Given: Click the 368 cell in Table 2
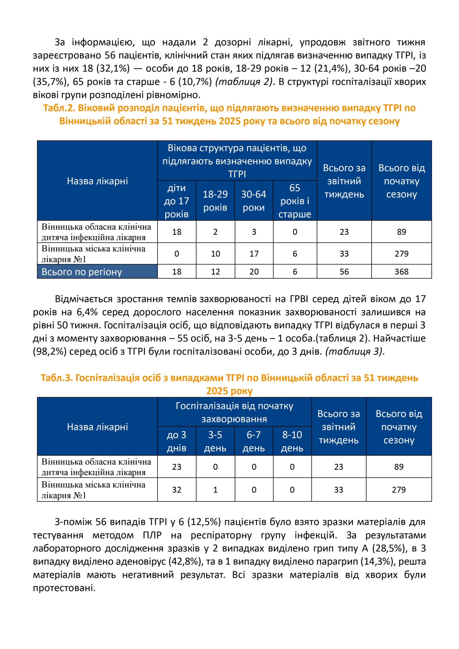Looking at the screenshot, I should coord(401,271).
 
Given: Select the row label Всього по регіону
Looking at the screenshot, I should coord(82,272).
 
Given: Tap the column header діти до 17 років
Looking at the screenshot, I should coord(176,201).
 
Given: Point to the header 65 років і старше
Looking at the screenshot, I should coord(295,201).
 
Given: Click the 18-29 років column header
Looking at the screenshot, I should coord(215,201).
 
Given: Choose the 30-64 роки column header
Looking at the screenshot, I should coord(254,201).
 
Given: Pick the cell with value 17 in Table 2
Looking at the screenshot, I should coord(254,254).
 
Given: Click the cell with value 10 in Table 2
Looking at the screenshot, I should coord(215,254).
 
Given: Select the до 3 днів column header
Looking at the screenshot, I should coord(176,441).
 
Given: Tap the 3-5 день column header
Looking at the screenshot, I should coord(215,441).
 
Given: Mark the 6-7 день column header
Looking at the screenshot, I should coord(254,441).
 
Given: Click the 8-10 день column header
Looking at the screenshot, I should coord(292,441).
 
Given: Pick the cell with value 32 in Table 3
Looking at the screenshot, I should coord(176,490).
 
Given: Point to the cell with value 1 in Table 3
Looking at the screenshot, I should coord(215,490).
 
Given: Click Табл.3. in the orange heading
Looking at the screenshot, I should coord(57,378).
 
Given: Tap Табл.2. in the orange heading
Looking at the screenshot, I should coord(59,108).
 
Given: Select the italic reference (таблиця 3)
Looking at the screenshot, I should coord(354,351).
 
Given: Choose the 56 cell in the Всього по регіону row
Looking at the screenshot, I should coord(344,271).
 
